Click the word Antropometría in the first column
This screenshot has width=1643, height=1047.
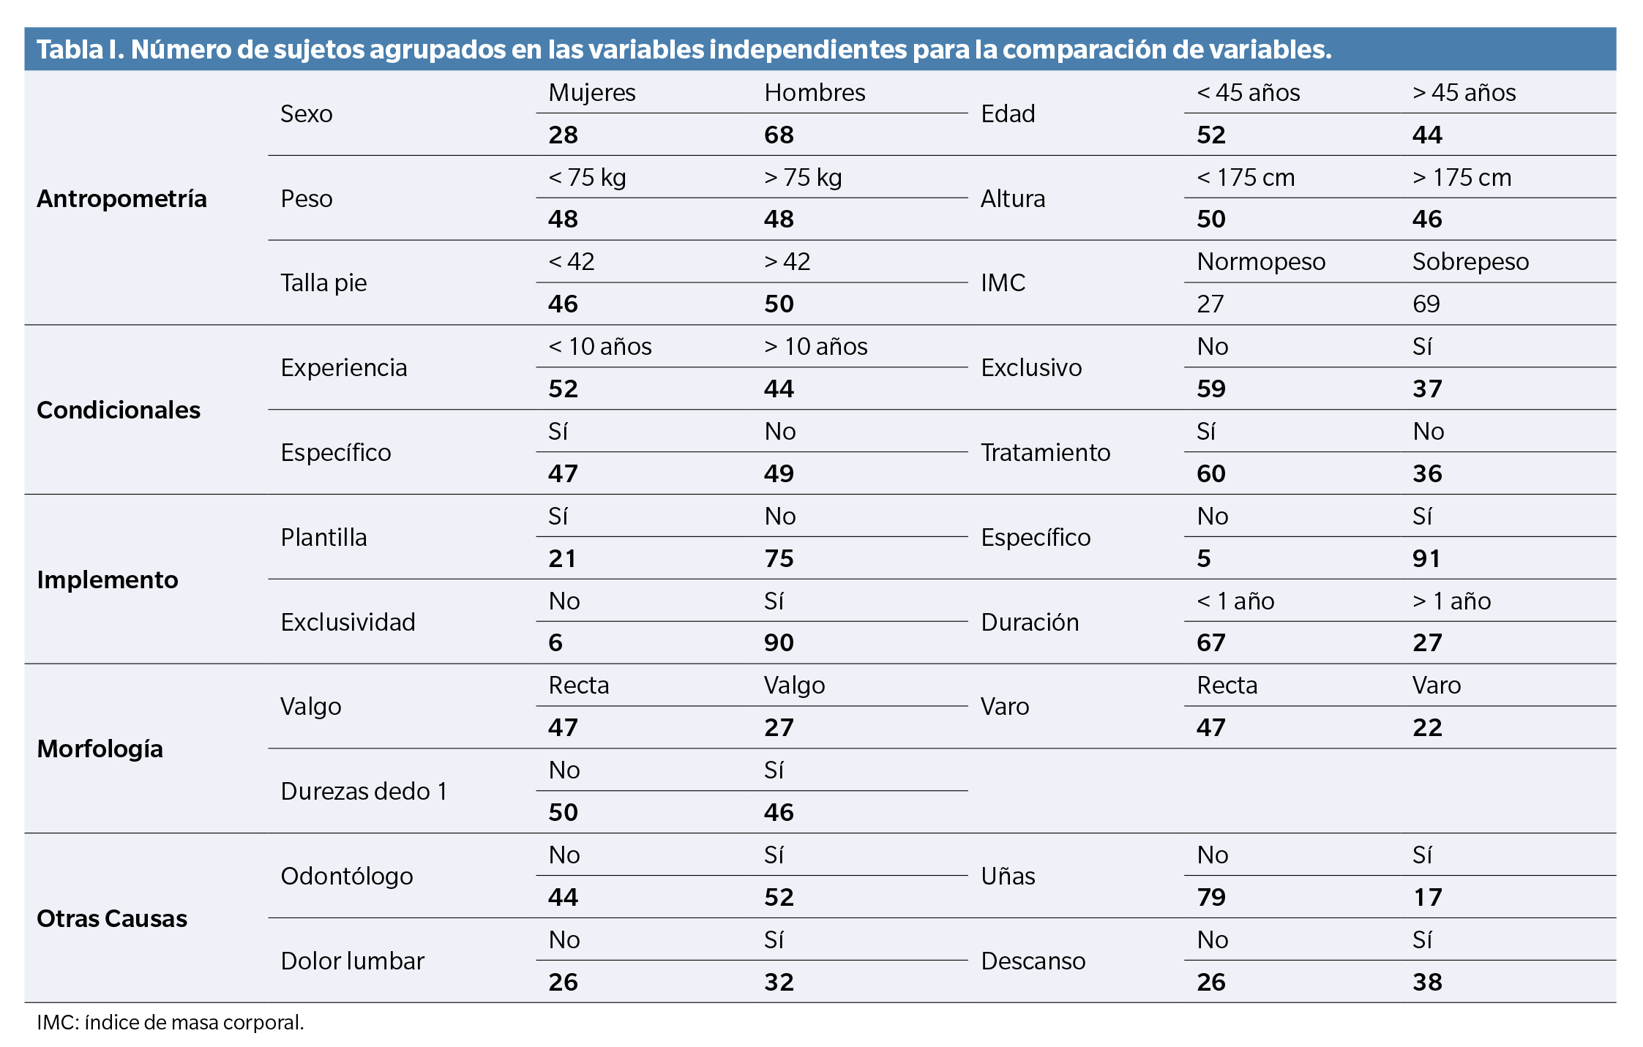121,198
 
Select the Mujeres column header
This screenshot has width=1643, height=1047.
591,93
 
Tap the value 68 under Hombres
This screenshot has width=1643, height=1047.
779,135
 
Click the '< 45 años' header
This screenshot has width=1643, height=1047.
1248,93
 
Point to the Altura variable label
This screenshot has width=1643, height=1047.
1012,198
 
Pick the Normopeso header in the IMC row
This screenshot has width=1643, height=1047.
1260,262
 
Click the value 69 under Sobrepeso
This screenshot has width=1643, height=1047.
1426,304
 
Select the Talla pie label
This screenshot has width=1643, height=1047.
323,282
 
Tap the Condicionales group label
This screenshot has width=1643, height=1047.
119,410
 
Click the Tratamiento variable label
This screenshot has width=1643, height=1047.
1045,452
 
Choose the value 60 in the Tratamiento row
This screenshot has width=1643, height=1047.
1210,473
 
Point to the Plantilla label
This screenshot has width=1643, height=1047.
323,537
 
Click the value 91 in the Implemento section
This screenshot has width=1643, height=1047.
1426,558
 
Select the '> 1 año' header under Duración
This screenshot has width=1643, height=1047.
1451,601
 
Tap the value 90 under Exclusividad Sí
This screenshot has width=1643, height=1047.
779,642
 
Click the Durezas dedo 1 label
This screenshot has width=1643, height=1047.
364,791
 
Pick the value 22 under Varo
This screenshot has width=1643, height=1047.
1426,727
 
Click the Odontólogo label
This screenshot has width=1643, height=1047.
347,876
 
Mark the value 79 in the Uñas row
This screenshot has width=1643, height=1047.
1210,897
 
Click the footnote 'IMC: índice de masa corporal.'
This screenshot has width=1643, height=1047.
171,1022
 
